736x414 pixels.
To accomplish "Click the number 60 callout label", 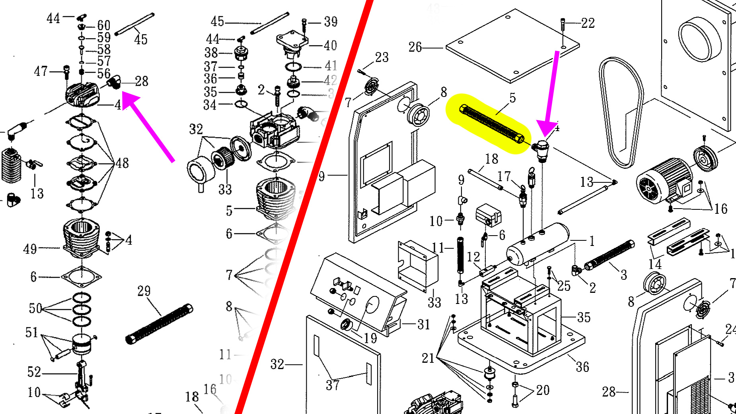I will pos(104,25).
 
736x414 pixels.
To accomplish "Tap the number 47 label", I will pos(41,72).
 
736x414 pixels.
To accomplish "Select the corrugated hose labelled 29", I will pos(159,324).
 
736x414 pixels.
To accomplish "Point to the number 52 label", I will pos(34,372).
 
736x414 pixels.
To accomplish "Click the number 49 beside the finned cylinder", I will pos(30,249).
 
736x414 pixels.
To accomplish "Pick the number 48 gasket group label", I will pos(122,163).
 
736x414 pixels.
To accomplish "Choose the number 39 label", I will pos(331,21).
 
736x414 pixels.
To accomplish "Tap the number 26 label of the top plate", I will pos(415,47).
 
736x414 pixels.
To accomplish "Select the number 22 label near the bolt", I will pos(588,23).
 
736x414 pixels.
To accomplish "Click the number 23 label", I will pos(382,57).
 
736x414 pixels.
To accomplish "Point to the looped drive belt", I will pos(621,111).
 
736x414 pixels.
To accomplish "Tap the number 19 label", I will pos(370,338).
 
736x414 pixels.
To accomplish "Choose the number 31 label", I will pos(424,325).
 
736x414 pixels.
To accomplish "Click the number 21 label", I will pos(428,358).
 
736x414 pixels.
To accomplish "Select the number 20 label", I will pos(543,390).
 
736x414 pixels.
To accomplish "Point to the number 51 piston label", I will pos(32,332).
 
